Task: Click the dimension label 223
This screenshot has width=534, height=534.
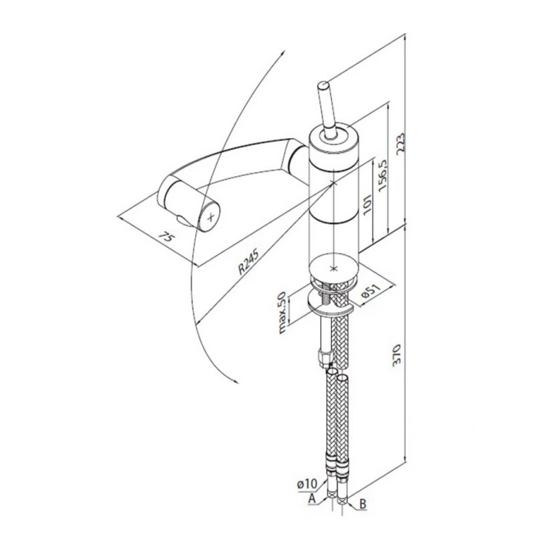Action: click(402, 144)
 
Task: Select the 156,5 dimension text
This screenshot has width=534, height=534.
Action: click(382, 175)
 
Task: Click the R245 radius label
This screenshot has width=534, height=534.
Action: click(249, 262)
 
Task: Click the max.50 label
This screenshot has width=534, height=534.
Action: click(282, 313)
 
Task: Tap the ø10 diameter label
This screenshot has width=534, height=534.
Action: click(307, 483)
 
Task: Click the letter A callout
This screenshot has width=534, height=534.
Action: click(312, 499)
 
